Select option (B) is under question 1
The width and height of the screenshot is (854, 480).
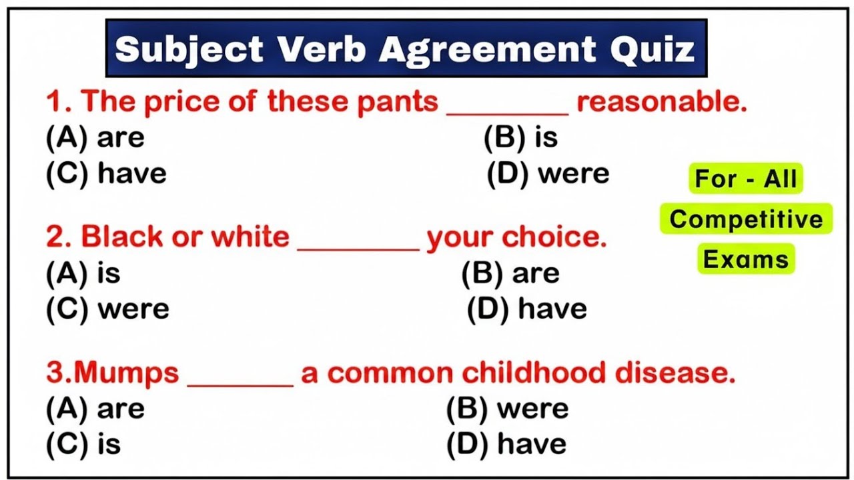click(x=520, y=137)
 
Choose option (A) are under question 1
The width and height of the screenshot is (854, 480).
click(x=95, y=138)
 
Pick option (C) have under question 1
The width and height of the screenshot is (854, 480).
click(x=106, y=173)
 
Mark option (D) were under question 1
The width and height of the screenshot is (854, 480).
click(x=548, y=173)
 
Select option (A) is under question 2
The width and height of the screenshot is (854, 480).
click(x=83, y=273)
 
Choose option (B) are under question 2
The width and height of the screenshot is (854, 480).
click(x=510, y=273)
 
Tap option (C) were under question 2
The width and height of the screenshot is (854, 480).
click(x=107, y=309)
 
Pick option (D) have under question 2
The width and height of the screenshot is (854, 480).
click(x=526, y=309)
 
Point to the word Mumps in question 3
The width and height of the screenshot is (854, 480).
click(x=126, y=373)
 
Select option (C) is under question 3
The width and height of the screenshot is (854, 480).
click(x=83, y=444)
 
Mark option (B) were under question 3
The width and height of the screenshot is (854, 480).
click(x=507, y=409)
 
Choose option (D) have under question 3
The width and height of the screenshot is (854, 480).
click(x=506, y=444)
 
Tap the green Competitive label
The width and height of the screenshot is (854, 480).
click(x=746, y=219)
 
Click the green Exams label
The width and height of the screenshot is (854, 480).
click(x=746, y=259)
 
